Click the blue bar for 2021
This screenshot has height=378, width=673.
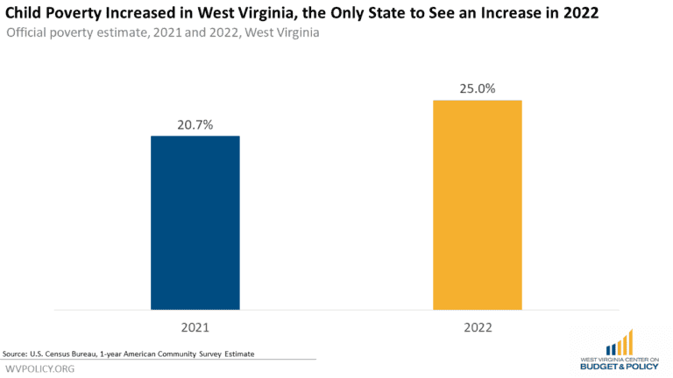click(x=195, y=222)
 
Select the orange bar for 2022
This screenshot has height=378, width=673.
click(x=478, y=205)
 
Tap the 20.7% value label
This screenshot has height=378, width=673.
click(x=195, y=123)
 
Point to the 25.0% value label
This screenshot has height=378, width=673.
click(x=478, y=87)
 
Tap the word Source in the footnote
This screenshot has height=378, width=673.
click(x=16, y=353)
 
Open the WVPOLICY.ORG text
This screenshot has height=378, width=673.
click(x=40, y=368)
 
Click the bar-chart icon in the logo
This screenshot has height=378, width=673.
click(x=619, y=342)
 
